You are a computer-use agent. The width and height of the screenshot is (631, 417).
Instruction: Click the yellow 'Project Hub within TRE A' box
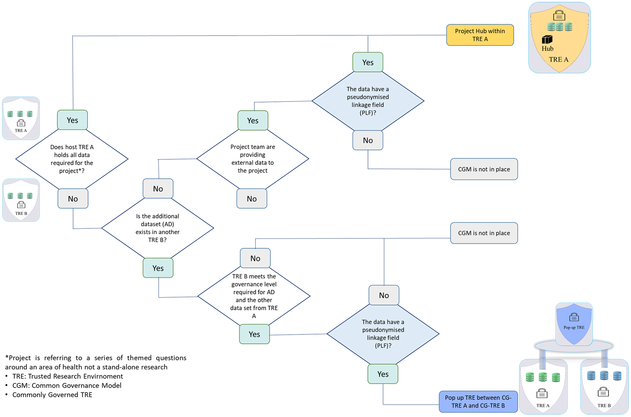pyautogui.click(x=480, y=35)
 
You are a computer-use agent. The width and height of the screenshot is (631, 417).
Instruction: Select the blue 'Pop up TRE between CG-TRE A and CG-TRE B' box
pyautogui.click(x=478, y=401)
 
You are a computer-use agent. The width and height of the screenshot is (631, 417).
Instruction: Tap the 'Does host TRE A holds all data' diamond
pyautogui.click(x=72, y=159)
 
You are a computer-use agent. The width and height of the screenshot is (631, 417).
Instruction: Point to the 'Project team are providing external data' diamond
pyautogui.click(x=253, y=159)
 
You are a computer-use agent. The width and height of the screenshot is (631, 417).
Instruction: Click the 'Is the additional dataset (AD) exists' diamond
pyautogui.click(x=158, y=228)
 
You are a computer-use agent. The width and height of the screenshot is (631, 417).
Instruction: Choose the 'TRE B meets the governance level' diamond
pyautogui.click(x=254, y=296)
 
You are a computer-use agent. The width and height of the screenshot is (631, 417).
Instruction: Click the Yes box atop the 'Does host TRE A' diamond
pyautogui.click(x=72, y=120)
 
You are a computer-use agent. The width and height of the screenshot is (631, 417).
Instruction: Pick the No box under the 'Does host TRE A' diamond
pyautogui.click(x=73, y=198)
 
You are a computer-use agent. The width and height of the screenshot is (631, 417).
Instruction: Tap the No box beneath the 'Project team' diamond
pyautogui.click(x=252, y=198)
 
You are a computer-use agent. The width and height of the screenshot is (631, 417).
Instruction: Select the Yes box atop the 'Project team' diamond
pyautogui.click(x=253, y=120)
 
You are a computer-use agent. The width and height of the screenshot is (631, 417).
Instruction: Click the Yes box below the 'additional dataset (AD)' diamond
pyautogui.click(x=158, y=268)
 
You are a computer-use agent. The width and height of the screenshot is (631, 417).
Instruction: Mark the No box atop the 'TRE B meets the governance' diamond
pyautogui.click(x=255, y=258)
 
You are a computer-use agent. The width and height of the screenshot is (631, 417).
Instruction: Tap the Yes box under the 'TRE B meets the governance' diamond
pyautogui.click(x=254, y=334)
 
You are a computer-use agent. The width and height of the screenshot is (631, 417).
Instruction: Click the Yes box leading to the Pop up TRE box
pyautogui.click(x=383, y=374)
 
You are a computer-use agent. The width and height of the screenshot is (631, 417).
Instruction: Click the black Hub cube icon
pyautogui.click(x=547, y=39)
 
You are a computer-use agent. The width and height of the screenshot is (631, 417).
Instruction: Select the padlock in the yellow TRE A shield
pyautogui.click(x=559, y=15)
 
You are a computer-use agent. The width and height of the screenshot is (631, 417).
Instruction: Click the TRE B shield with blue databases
pyautogui.click(x=604, y=387)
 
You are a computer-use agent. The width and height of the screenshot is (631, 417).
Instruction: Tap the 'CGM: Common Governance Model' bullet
pyautogui.click(x=67, y=385)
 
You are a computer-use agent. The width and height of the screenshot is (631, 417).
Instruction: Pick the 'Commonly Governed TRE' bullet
pyautogui.click(x=52, y=395)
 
